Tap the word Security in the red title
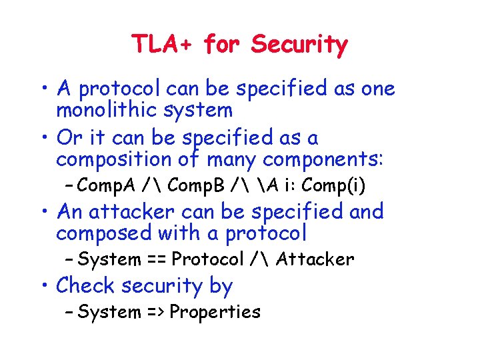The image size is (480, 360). pos(299,45)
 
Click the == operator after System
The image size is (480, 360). pos(156,259)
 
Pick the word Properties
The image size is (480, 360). pos(215,311)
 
